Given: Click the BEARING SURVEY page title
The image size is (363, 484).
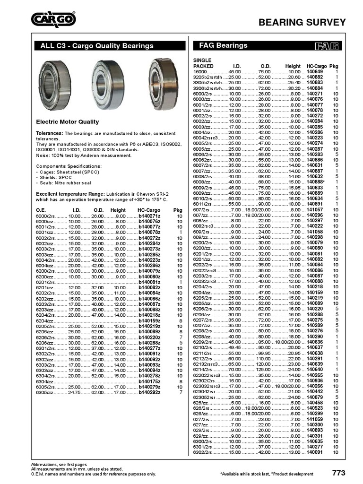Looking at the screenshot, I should pos(302,23).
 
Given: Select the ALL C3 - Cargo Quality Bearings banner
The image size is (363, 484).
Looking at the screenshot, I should pos(97,46).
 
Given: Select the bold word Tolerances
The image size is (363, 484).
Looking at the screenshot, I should pos(50,133).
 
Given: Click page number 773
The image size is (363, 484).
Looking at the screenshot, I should pos(339,473).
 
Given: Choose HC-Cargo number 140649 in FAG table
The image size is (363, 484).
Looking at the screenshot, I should pos(314,71).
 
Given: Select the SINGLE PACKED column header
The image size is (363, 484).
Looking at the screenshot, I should pos(204,63).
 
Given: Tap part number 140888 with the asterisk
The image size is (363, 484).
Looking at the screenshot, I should pos(315,181).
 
